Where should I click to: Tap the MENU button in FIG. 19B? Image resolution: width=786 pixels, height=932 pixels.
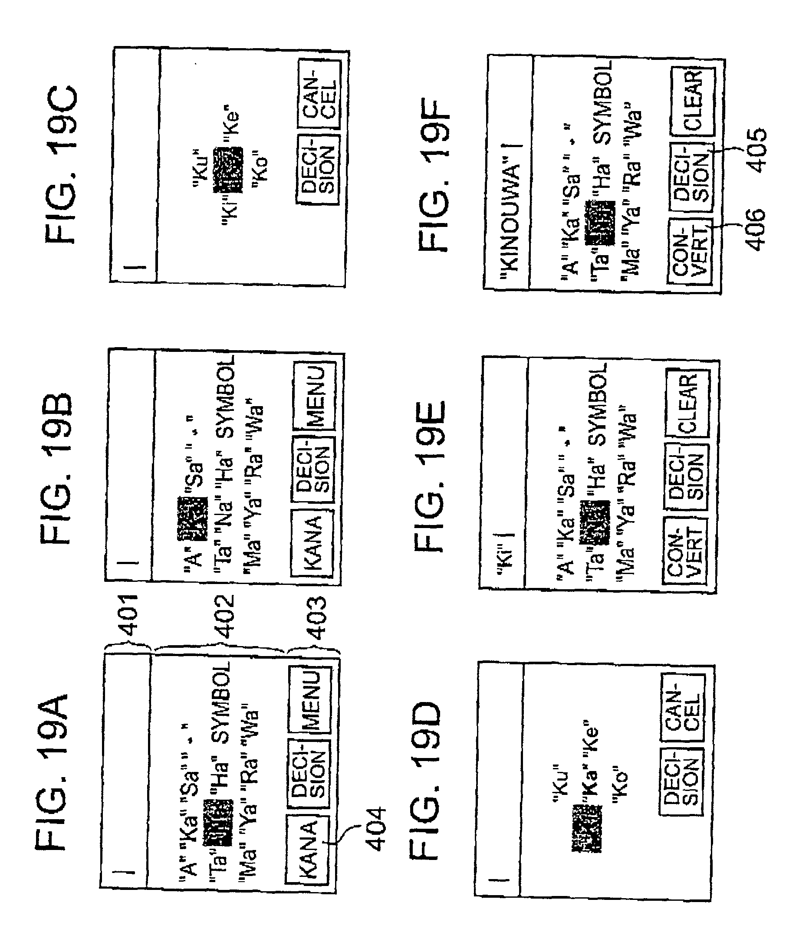[315, 397]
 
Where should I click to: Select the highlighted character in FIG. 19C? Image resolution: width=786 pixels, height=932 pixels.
[228, 170]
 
